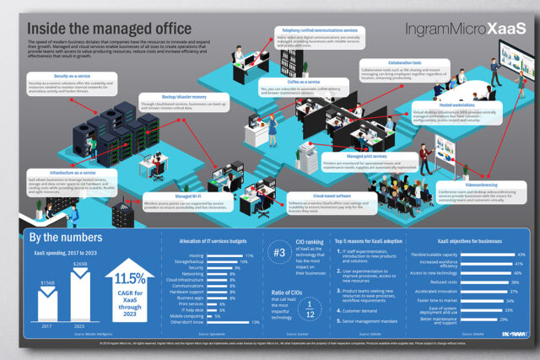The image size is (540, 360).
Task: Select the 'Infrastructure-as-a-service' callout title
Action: point(62,173)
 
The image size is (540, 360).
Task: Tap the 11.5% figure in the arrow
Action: point(129,278)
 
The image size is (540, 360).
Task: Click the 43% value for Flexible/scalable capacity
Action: point(520,254)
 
